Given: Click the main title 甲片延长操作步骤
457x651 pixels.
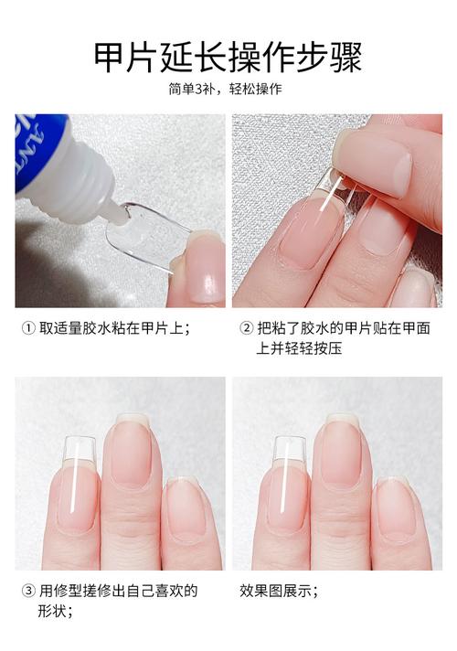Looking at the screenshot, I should coord(228,57).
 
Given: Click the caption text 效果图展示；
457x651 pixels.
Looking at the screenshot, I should coord(279,590).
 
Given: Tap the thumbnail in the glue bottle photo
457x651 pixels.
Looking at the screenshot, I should coord(202,270).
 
